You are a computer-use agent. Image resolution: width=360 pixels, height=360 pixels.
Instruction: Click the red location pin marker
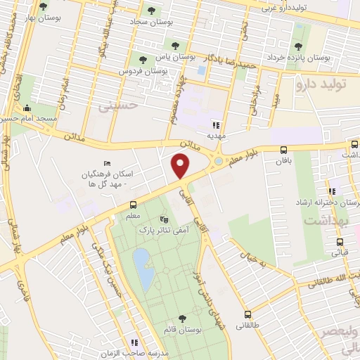tap(181, 167)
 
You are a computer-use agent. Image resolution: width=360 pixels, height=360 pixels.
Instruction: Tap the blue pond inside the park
tap(144, 269)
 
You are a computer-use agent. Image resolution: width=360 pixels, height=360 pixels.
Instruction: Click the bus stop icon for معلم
tap(133, 205)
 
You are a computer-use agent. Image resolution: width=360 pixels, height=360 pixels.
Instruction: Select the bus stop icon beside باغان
tap(283, 150)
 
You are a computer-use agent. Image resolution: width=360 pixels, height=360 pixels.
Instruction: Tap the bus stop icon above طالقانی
tap(247, 314)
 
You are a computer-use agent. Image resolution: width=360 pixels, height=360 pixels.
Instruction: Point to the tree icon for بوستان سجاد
tap(151, 11)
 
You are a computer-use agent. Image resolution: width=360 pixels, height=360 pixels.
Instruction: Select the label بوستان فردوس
tap(148, 71)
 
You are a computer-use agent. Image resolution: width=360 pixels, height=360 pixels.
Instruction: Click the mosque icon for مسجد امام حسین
tap(27, 108)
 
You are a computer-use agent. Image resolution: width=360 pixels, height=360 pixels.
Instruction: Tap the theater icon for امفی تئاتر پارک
tap(165, 219)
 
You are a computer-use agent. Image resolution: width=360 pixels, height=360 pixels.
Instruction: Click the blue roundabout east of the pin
tap(219, 162)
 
